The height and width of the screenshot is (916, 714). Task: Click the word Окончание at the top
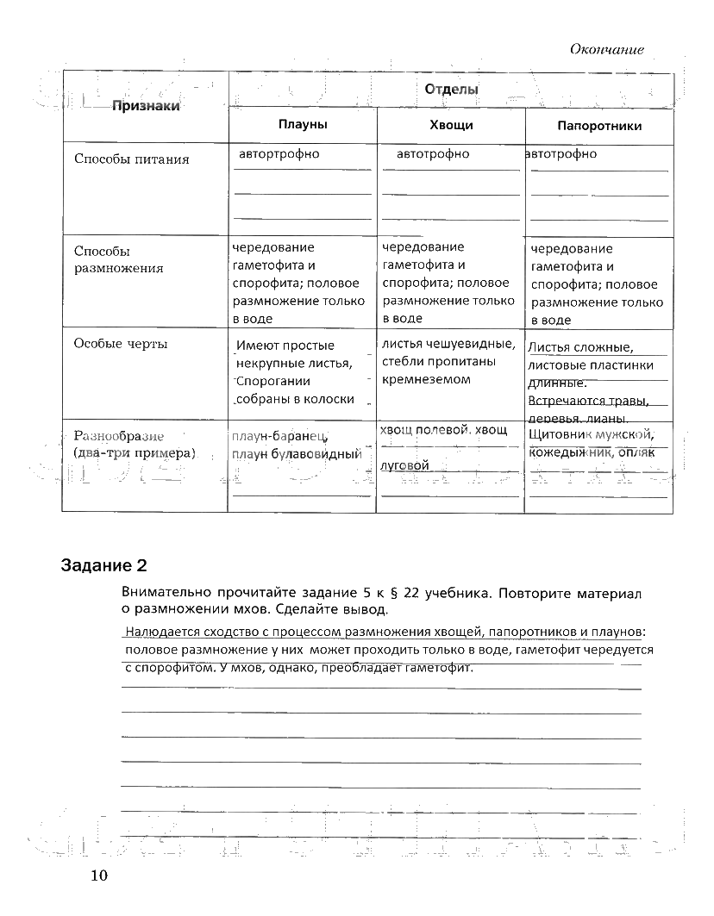tap(606, 50)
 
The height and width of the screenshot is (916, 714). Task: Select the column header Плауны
tap(302, 125)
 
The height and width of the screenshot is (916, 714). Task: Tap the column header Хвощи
tap(450, 125)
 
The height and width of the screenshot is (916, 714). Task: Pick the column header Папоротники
tap(599, 126)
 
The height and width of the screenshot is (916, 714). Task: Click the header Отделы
tap(451, 89)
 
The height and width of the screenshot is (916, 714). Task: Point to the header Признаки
tap(145, 106)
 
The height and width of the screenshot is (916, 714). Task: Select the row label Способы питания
tap(131, 159)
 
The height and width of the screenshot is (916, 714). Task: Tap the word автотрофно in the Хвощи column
tap(433, 153)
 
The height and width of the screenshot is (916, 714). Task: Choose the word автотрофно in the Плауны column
tap(279, 153)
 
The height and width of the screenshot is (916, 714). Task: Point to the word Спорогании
tap(273, 381)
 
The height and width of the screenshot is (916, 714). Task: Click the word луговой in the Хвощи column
tap(405, 465)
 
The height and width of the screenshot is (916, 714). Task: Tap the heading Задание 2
tap(104, 566)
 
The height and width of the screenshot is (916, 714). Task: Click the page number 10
tap(98, 876)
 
